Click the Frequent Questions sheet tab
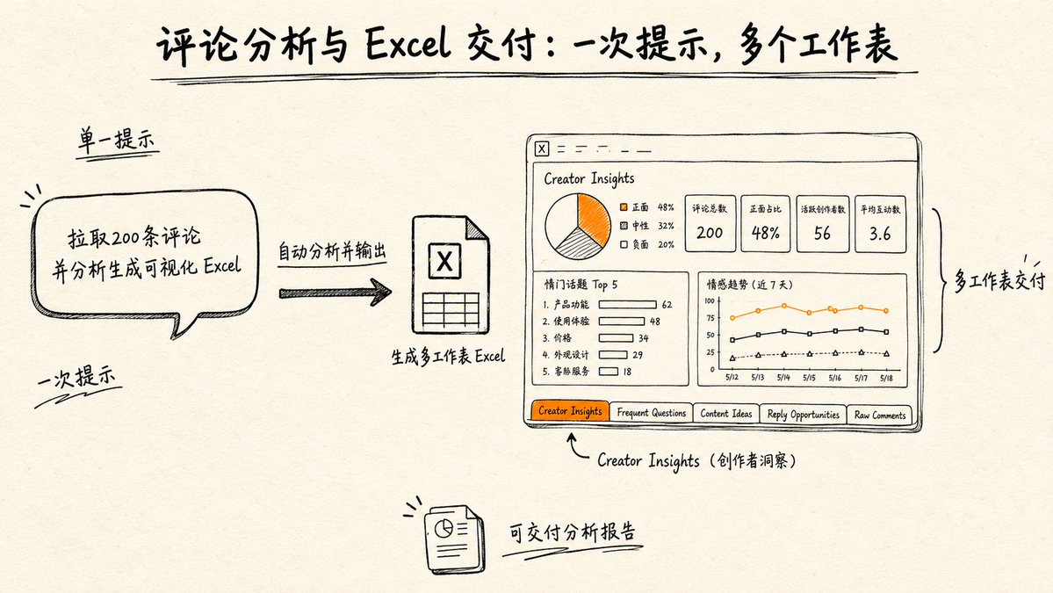[651, 413]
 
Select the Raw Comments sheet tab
[880, 415]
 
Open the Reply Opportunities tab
[804, 415]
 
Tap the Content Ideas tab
[726, 414]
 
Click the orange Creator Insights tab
[570, 411]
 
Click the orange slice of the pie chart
[594, 217]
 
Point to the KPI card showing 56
[823, 224]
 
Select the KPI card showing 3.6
[880, 224]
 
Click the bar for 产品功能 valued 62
[627, 304]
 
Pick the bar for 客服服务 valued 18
[609, 372]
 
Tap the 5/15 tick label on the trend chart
[809, 378]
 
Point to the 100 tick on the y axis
[709, 300]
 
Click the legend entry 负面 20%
[646, 244]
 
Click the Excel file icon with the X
[450, 275]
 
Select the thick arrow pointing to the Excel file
[335, 293]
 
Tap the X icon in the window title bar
[542, 149]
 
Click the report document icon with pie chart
[454, 539]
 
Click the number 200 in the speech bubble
[125, 238]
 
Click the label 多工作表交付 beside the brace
[999, 281]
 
